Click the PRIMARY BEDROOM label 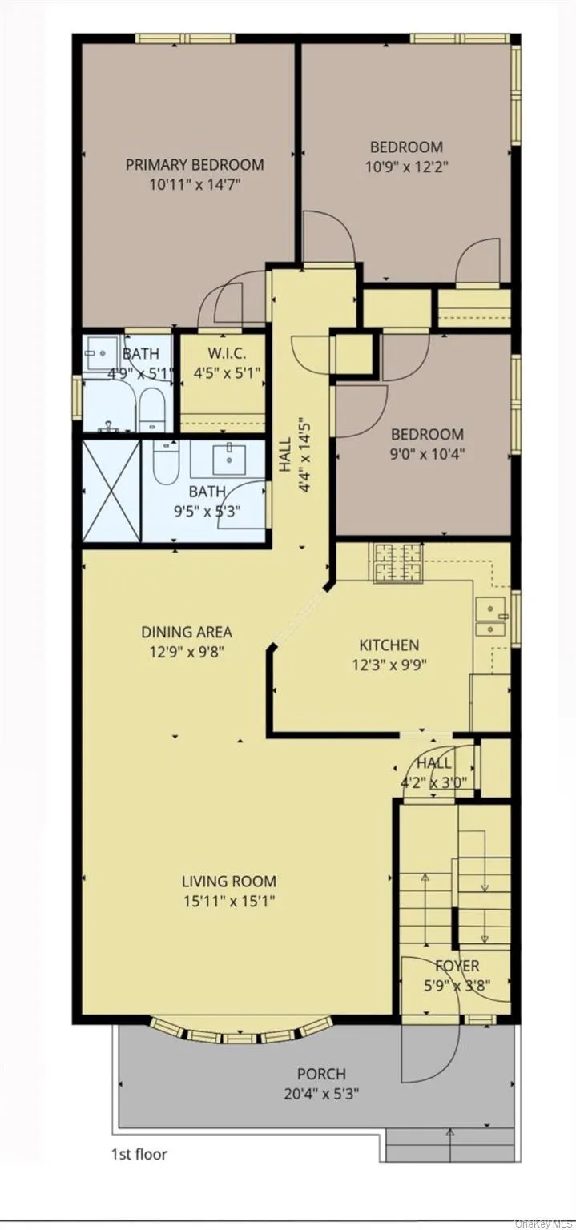[194, 165]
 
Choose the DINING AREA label [187, 632]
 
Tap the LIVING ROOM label [228, 882]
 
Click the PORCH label [321, 1074]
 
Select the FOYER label [457, 966]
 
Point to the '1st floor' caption [139, 1154]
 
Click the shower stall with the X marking [112, 490]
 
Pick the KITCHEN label [389, 645]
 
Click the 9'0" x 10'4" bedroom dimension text [427, 453]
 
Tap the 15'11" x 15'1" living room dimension [228, 901]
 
